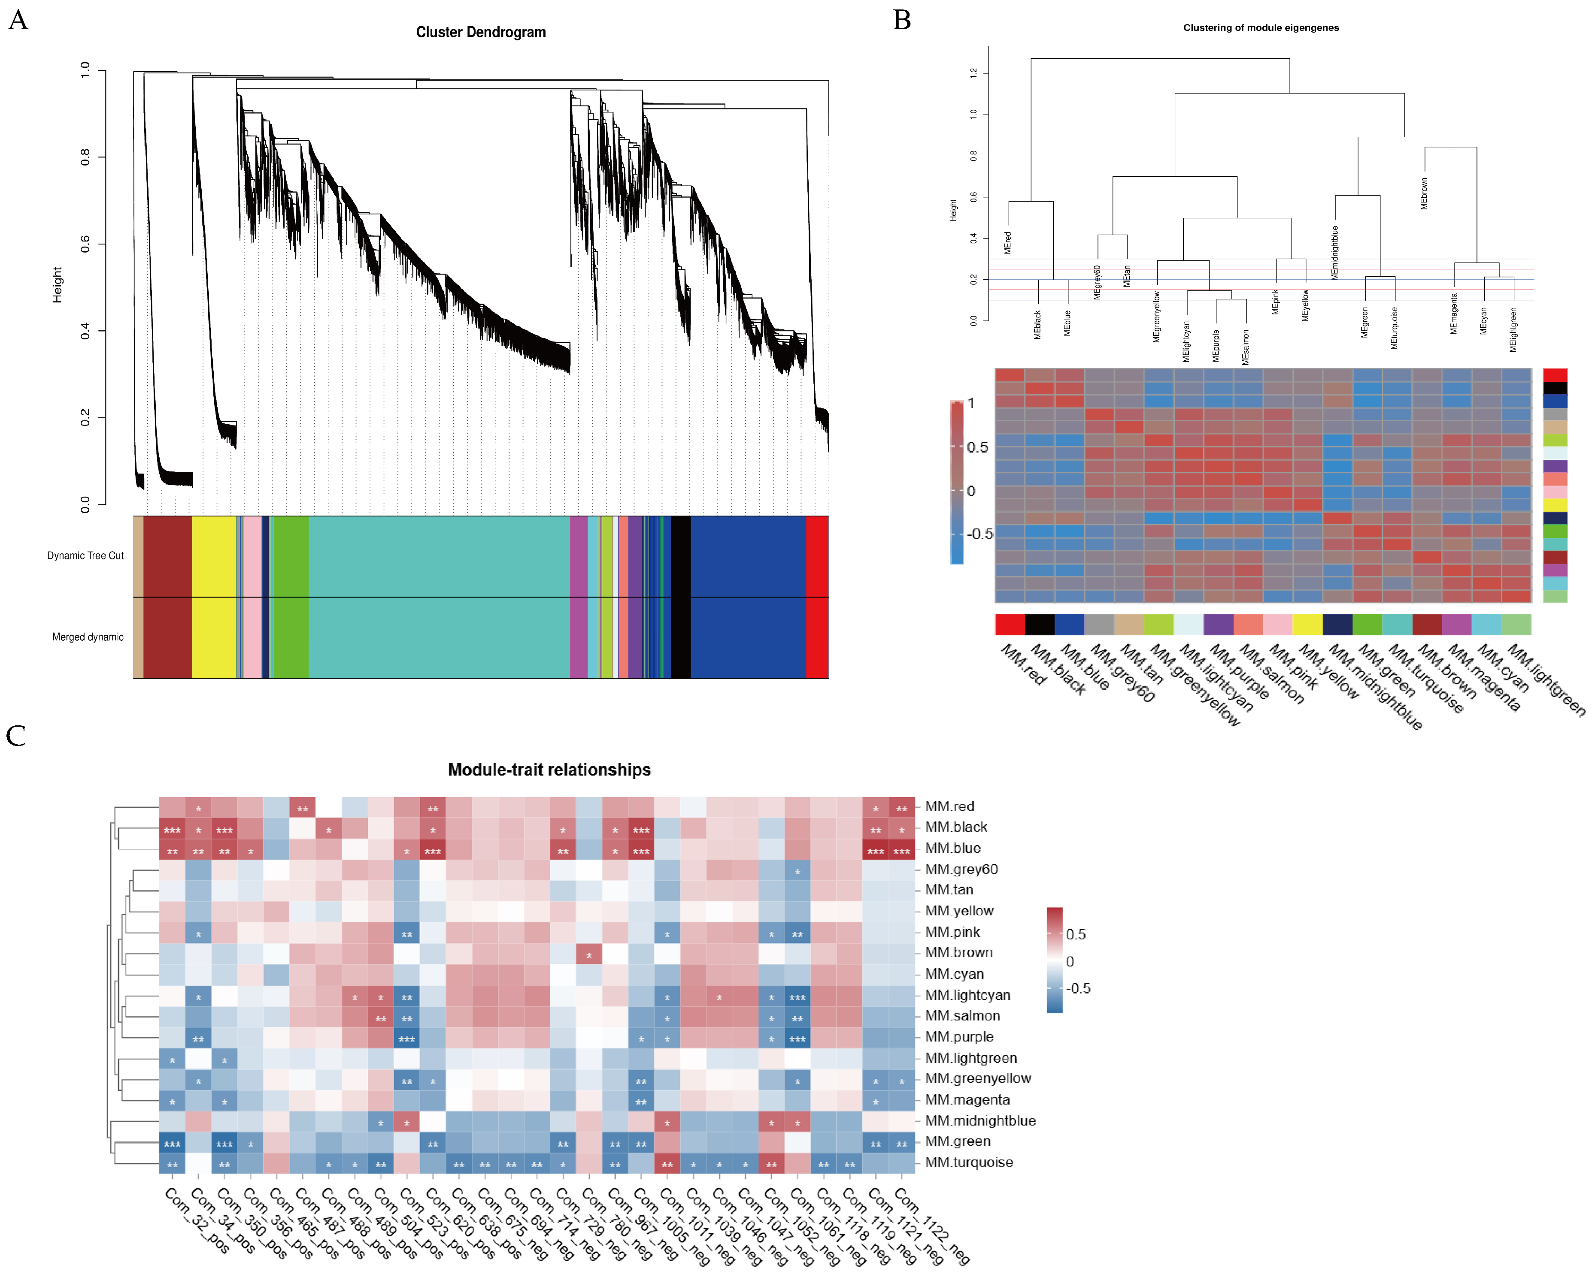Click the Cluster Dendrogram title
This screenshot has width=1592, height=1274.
coord(481,32)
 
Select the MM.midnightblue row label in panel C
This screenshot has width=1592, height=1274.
coord(980,1120)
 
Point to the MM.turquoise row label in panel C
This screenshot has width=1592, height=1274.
coord(969,1162)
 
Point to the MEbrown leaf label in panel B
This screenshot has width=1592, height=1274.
coord(1424,193)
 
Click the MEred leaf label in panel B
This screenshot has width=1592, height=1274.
coord(1008,242)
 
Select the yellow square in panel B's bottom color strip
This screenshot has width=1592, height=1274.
coord(1307,625)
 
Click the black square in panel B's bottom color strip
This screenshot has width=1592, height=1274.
coord(1040,625)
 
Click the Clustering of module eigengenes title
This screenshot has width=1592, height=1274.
coord(1261,27)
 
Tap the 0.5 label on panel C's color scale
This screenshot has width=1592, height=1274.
coord(1076,934)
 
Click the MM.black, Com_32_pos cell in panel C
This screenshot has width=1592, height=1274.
coord(172,827)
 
